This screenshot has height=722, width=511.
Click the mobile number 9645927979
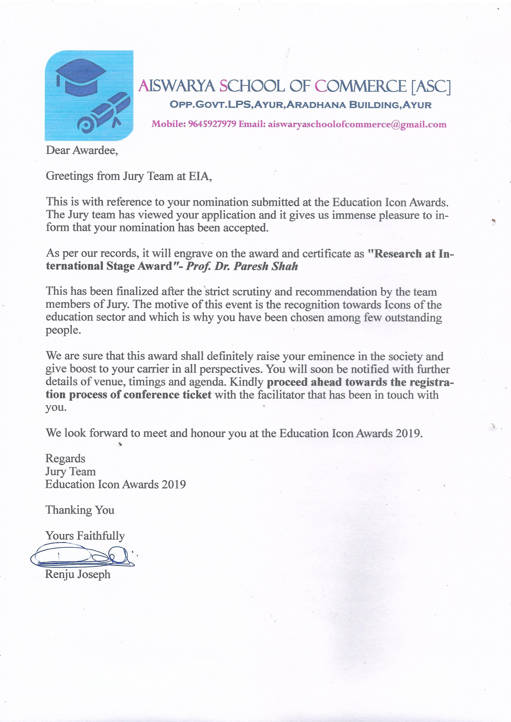point(212,124)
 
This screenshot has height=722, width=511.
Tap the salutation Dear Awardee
point(82,150)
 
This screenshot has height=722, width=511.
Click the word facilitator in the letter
point(281,395)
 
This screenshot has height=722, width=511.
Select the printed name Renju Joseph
point(78,574)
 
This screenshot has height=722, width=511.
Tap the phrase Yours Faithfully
point(85,535)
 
